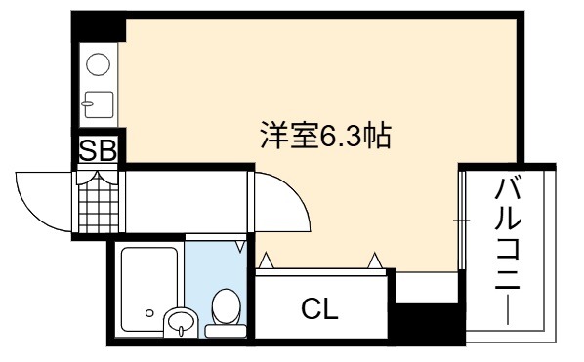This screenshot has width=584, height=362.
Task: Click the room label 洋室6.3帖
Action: [x=326, y=136]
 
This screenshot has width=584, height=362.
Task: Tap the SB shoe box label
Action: [x=99, y=150]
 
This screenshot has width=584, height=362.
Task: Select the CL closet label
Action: [x=319, y=308]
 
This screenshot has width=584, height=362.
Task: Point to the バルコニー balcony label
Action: [x=507, y=252]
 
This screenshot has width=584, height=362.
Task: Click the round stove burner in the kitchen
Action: [x=98, y=64]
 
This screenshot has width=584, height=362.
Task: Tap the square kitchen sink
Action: [x=99, y=104]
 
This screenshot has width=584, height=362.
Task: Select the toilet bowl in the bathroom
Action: [x=226, y=306]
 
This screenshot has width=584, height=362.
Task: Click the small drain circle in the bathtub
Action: [x=149, y=313]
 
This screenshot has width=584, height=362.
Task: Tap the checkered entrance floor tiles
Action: [x=99, y=206]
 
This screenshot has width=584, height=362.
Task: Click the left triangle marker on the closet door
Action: [x=266, y=261]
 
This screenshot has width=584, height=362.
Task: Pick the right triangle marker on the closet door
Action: [x=375, y=261]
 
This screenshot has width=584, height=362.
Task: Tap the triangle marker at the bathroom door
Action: [x=240, y=247]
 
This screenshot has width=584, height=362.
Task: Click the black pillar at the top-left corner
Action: [x=99, y=26]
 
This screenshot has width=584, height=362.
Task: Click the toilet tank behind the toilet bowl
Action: [x=226, y=331]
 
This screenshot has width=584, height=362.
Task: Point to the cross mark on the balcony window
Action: [x=461, y=221]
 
